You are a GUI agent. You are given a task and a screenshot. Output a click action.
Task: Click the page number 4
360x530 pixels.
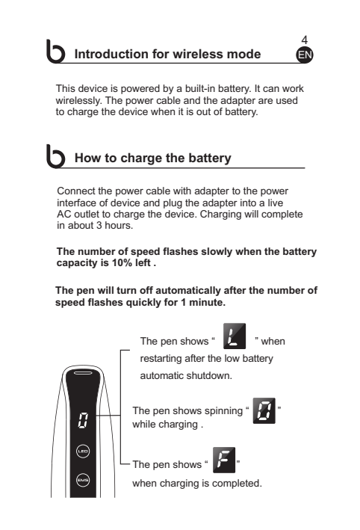(x=304, y=40)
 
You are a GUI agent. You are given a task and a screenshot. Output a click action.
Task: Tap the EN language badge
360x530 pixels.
(x=305, y=55)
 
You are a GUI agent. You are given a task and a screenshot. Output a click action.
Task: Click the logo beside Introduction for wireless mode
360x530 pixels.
(x=55, y=52)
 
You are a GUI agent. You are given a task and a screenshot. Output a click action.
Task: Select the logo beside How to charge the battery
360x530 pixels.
(x=55, y=156)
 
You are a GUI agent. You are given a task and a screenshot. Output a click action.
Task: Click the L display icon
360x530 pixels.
(x=235, y=336)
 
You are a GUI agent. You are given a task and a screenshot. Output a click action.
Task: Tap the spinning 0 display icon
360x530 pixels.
(x=264, y=410)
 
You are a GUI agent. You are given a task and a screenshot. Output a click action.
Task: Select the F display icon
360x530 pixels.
(x=224, y=460)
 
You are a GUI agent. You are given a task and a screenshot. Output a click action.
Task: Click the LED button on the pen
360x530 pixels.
(x=83, y=452)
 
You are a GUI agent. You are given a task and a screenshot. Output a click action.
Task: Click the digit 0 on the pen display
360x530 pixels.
(x=83, y=420)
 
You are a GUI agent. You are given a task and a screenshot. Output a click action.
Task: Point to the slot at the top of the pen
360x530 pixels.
(x=83, y=373)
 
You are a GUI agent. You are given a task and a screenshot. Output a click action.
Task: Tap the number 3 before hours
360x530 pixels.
(x=99, y=225)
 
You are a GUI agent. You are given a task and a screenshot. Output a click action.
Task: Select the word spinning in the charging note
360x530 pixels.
(x=223, y=410)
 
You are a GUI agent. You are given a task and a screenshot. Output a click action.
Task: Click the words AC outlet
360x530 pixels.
(x=84, y=215)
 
